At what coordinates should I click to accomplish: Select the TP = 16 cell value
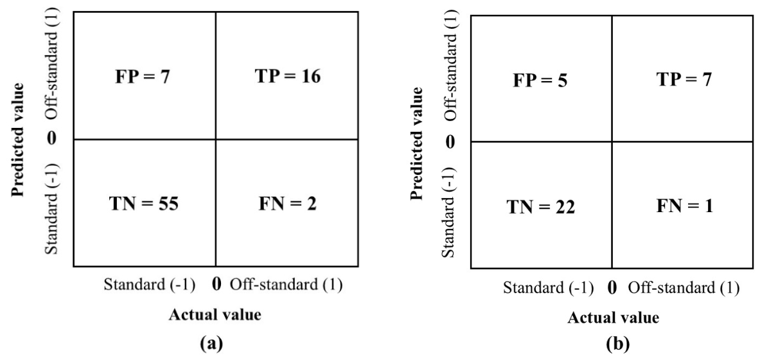point(287,77)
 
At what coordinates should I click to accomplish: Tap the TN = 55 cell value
point(144,204)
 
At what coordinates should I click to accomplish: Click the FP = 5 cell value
point(540,80)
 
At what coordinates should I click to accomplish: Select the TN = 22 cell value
point(540,207)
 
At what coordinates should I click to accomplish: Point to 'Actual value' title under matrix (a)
point(215,315)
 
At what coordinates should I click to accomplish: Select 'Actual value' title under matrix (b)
point(613,318)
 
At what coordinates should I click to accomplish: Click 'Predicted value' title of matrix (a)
point(19,139)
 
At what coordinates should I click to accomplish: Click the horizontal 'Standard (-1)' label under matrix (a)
point(149,285)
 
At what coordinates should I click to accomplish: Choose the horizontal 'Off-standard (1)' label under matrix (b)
point(684,288)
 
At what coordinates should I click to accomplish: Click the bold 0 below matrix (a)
point(217,285)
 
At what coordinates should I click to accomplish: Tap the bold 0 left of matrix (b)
point(451,142)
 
